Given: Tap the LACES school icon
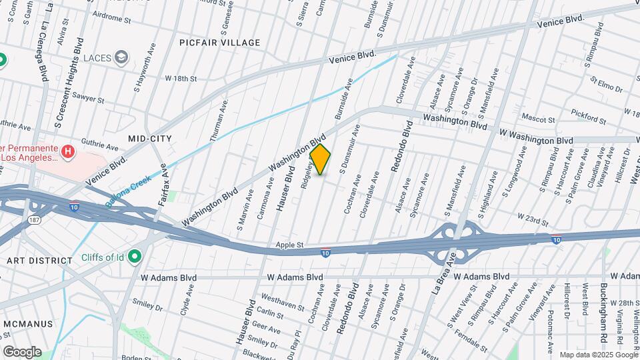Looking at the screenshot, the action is click(x=121, y=58).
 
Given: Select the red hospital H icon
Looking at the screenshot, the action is click(x=67, y=153).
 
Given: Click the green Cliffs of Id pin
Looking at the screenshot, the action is click(x=135, y=257).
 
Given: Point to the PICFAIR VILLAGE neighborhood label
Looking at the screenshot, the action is click(x=219, y=43).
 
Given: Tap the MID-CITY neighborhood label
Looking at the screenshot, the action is click(x=150, y=138).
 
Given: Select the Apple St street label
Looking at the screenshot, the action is click(x=290, y=245).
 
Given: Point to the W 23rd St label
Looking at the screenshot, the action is click(x=534, y=221).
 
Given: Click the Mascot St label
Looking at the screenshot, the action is click(x=539, y=120).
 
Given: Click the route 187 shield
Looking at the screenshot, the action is click(x=33, y=219).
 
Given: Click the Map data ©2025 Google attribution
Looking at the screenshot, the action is click(x=598, y=355).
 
